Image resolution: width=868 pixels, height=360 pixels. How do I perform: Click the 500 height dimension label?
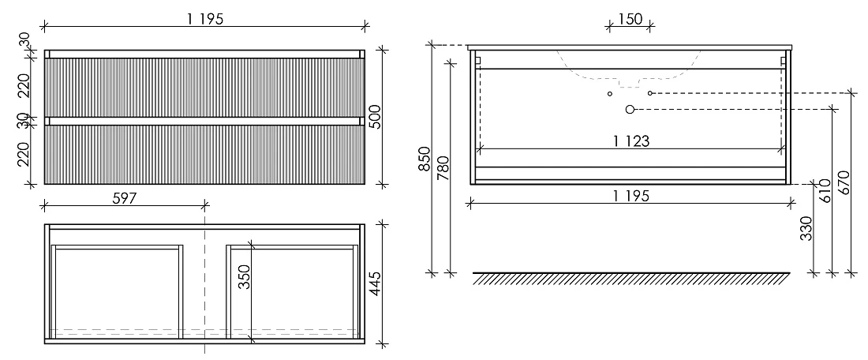[x=376, y=116]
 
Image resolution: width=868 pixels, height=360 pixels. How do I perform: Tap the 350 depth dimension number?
[x=245, y=277]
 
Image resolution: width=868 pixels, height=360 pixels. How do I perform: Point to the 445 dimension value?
[x=376, y=283]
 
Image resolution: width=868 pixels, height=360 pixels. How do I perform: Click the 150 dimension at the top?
[x=630, y=20]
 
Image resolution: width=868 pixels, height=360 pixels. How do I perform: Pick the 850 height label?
[x=425, y=159]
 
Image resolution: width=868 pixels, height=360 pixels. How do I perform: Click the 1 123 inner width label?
[x=631, y=141]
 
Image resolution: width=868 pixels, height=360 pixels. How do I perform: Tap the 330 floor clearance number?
[x=806, y=229]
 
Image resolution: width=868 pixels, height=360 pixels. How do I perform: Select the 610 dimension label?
[x=826, y=191]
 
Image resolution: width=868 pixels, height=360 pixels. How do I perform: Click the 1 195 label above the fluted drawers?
[x=205, y=20]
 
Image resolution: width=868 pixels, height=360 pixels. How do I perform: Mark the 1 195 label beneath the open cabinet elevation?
[x=630, y=196]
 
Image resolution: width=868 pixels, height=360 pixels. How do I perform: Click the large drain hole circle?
[x=630, y=110]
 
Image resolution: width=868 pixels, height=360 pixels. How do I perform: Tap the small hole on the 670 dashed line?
[x=650, y=93]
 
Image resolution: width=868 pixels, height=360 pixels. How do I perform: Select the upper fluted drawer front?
[x=204, y=88]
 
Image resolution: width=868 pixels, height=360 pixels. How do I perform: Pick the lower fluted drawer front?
[x=204, y=155]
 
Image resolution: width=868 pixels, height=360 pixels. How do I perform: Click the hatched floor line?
[x=631, y=279]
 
